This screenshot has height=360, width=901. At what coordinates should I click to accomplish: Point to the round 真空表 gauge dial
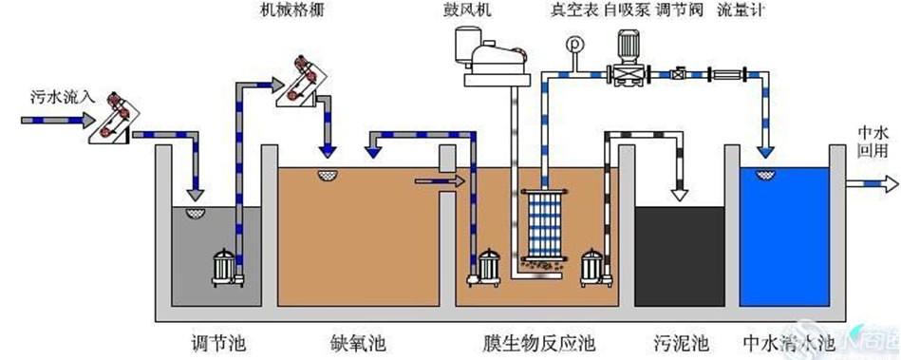click(x=573, y=44)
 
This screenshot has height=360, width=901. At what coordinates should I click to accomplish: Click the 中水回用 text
click(x=873, y=141)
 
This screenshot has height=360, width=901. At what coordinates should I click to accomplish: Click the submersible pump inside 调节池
click(x=224, y=265)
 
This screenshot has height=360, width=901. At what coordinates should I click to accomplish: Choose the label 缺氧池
click(x=359, y=340)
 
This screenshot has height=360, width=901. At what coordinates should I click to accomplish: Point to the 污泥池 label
click(x=675, y=340)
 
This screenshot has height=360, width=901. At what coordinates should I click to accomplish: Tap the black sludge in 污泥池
click(x=675, y=249)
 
